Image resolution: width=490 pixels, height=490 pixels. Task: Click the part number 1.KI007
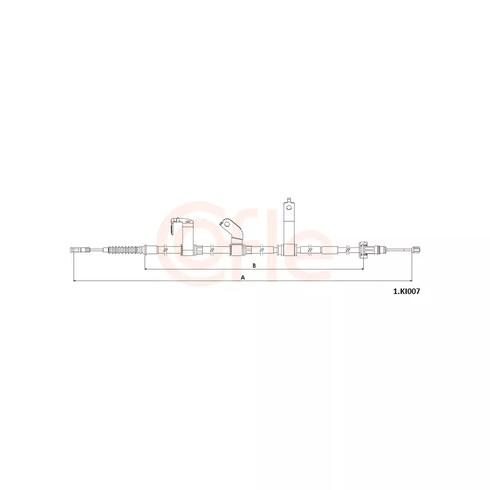coord(406,292)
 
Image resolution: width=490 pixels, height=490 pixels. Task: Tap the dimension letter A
coord(243,277)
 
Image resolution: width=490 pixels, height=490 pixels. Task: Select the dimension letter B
coord(254,265)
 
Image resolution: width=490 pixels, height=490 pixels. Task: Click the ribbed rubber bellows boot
coord(124,250)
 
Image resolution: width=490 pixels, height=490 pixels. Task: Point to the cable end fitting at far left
coord(80,250)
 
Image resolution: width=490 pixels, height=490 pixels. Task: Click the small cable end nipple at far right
coord(417,249)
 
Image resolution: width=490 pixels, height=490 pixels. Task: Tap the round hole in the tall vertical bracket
coord(288,207)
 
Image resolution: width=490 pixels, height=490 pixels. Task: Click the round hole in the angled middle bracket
coord(227,223)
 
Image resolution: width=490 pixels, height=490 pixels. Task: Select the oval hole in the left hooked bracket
coord(187,222)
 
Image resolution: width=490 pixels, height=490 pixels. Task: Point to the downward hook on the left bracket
coord(172,227)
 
